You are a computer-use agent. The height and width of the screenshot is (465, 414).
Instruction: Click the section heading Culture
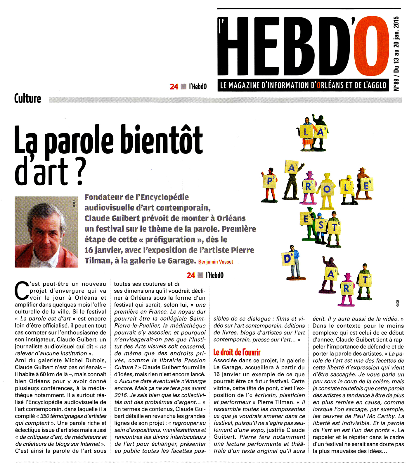click(28, 99)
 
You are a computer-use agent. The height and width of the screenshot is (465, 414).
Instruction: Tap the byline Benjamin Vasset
click(216, 262)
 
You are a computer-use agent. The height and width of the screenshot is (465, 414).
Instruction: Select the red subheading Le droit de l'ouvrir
click(237, 352)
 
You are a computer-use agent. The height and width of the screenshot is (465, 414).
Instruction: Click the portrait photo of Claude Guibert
click(46, 232)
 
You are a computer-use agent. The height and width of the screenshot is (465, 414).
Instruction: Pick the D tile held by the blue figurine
click(287, 259)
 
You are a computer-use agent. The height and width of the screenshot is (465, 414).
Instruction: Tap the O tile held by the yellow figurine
click(327, 189)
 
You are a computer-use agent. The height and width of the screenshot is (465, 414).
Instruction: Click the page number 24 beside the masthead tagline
click(174, 87)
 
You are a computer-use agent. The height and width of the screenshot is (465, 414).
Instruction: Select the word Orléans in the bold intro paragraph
click(231, 218)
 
